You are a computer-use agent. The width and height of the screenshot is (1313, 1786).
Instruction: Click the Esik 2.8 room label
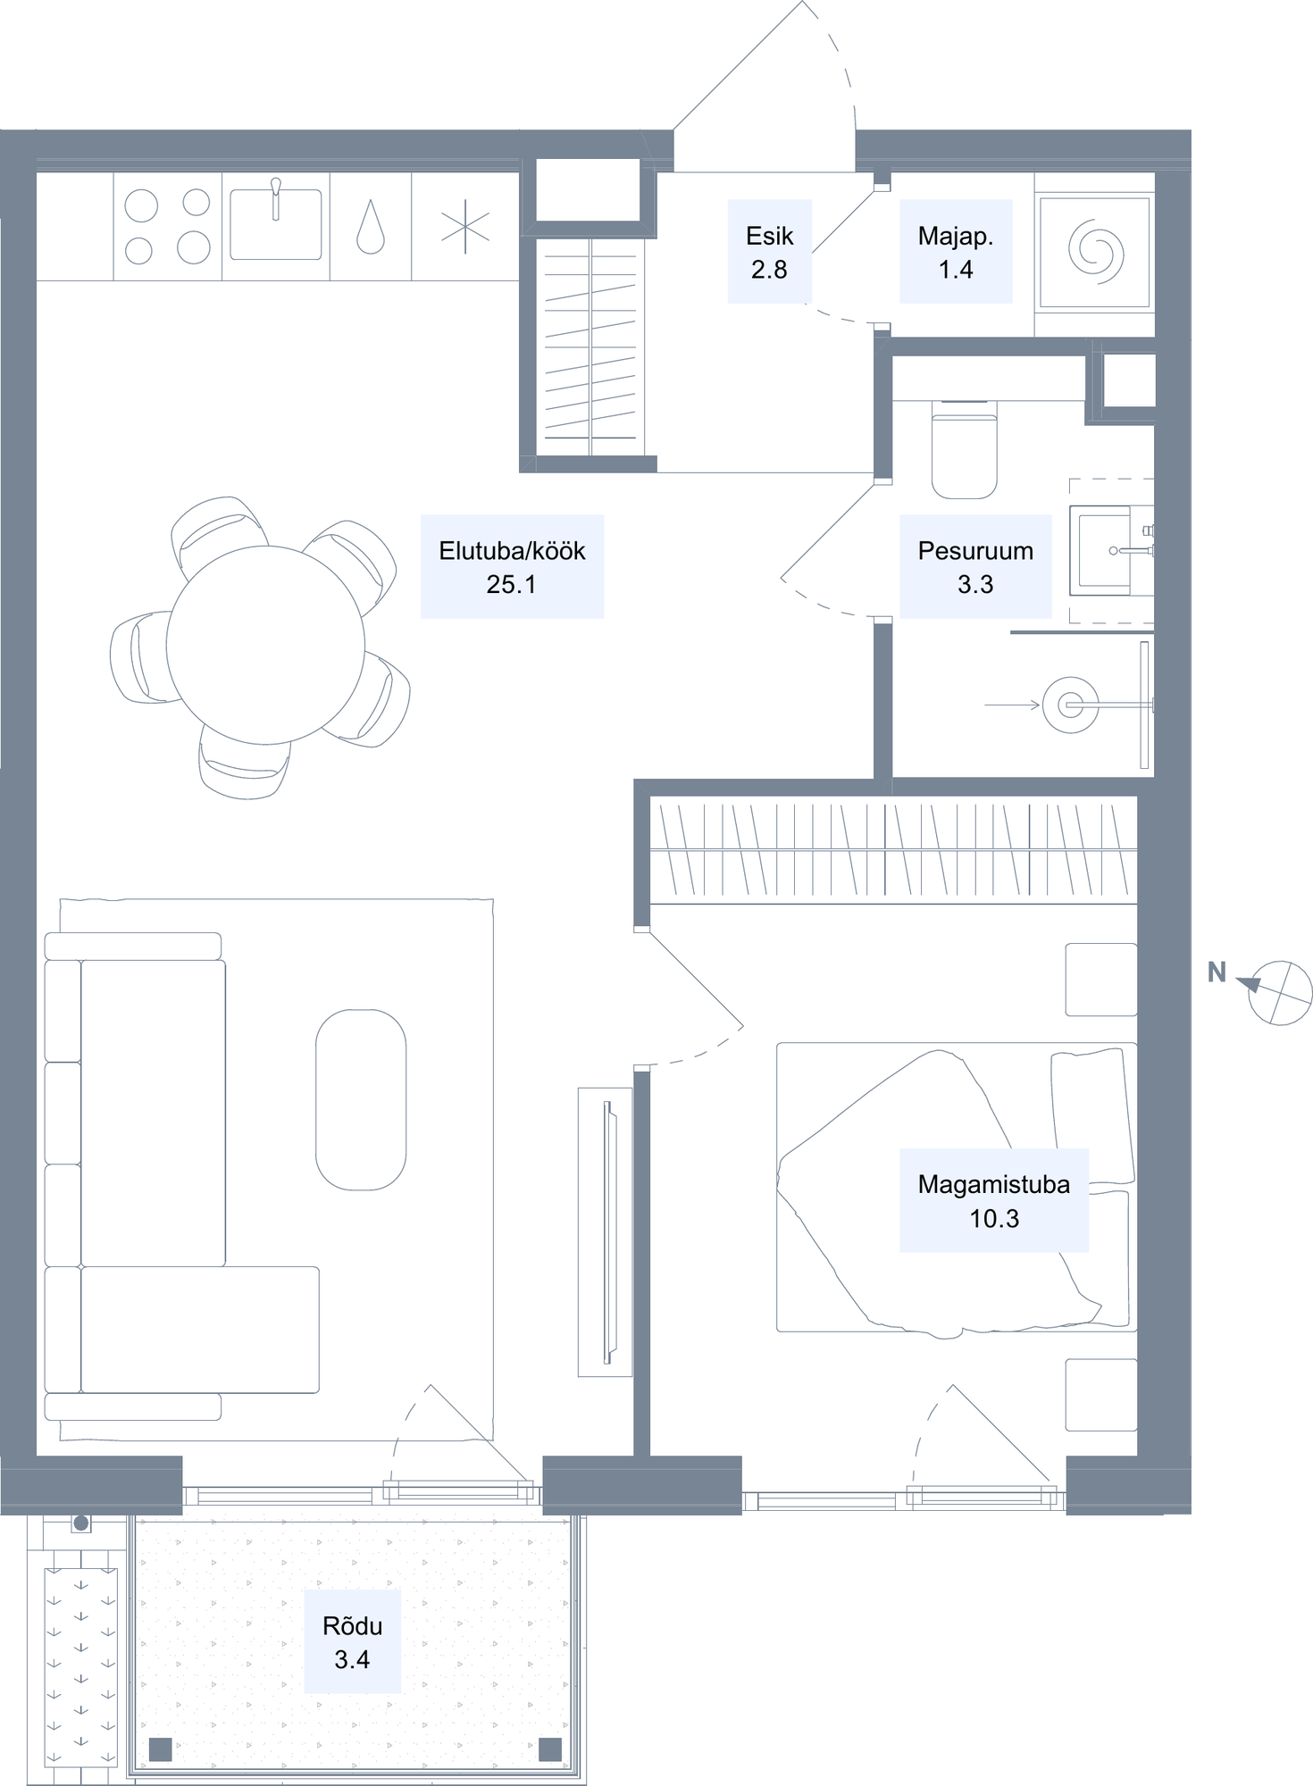[x=769, y=252]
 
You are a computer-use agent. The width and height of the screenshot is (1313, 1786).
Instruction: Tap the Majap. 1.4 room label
[x=956, y=252]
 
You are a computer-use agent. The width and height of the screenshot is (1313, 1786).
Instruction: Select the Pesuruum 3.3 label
[x=975, y=566]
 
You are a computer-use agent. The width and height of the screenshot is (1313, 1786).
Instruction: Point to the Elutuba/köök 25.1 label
[x=512, y=566]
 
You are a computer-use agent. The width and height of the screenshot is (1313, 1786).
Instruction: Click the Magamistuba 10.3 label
[x=994, y=1200]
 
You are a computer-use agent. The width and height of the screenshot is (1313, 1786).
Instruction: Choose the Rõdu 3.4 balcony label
[x=352, y=1641]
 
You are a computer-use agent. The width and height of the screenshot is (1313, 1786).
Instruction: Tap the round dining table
[x=265, y=645]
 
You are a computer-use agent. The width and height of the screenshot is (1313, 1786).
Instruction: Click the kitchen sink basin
[x=275, y=224]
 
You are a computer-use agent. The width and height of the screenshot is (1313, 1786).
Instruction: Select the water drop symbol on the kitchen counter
[x=370, y=227]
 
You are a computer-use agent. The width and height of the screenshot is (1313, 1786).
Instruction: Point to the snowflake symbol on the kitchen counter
[x=465, y=227]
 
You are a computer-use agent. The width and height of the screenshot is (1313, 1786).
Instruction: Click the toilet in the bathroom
[x=964, y=449]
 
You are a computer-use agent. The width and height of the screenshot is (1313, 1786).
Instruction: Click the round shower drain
[x=1070, y=705]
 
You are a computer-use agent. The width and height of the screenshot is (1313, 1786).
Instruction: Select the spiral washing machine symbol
[x=1095, y=253]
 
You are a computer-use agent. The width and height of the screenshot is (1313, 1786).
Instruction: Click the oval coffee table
[x=361, y=1099]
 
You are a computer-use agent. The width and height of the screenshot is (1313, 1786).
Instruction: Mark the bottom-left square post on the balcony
[x=160, y=1748]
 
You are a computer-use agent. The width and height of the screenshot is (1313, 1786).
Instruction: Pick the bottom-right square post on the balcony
[x=550, y=1748]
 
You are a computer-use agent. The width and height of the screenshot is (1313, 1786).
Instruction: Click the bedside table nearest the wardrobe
[x=1101, y=980]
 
